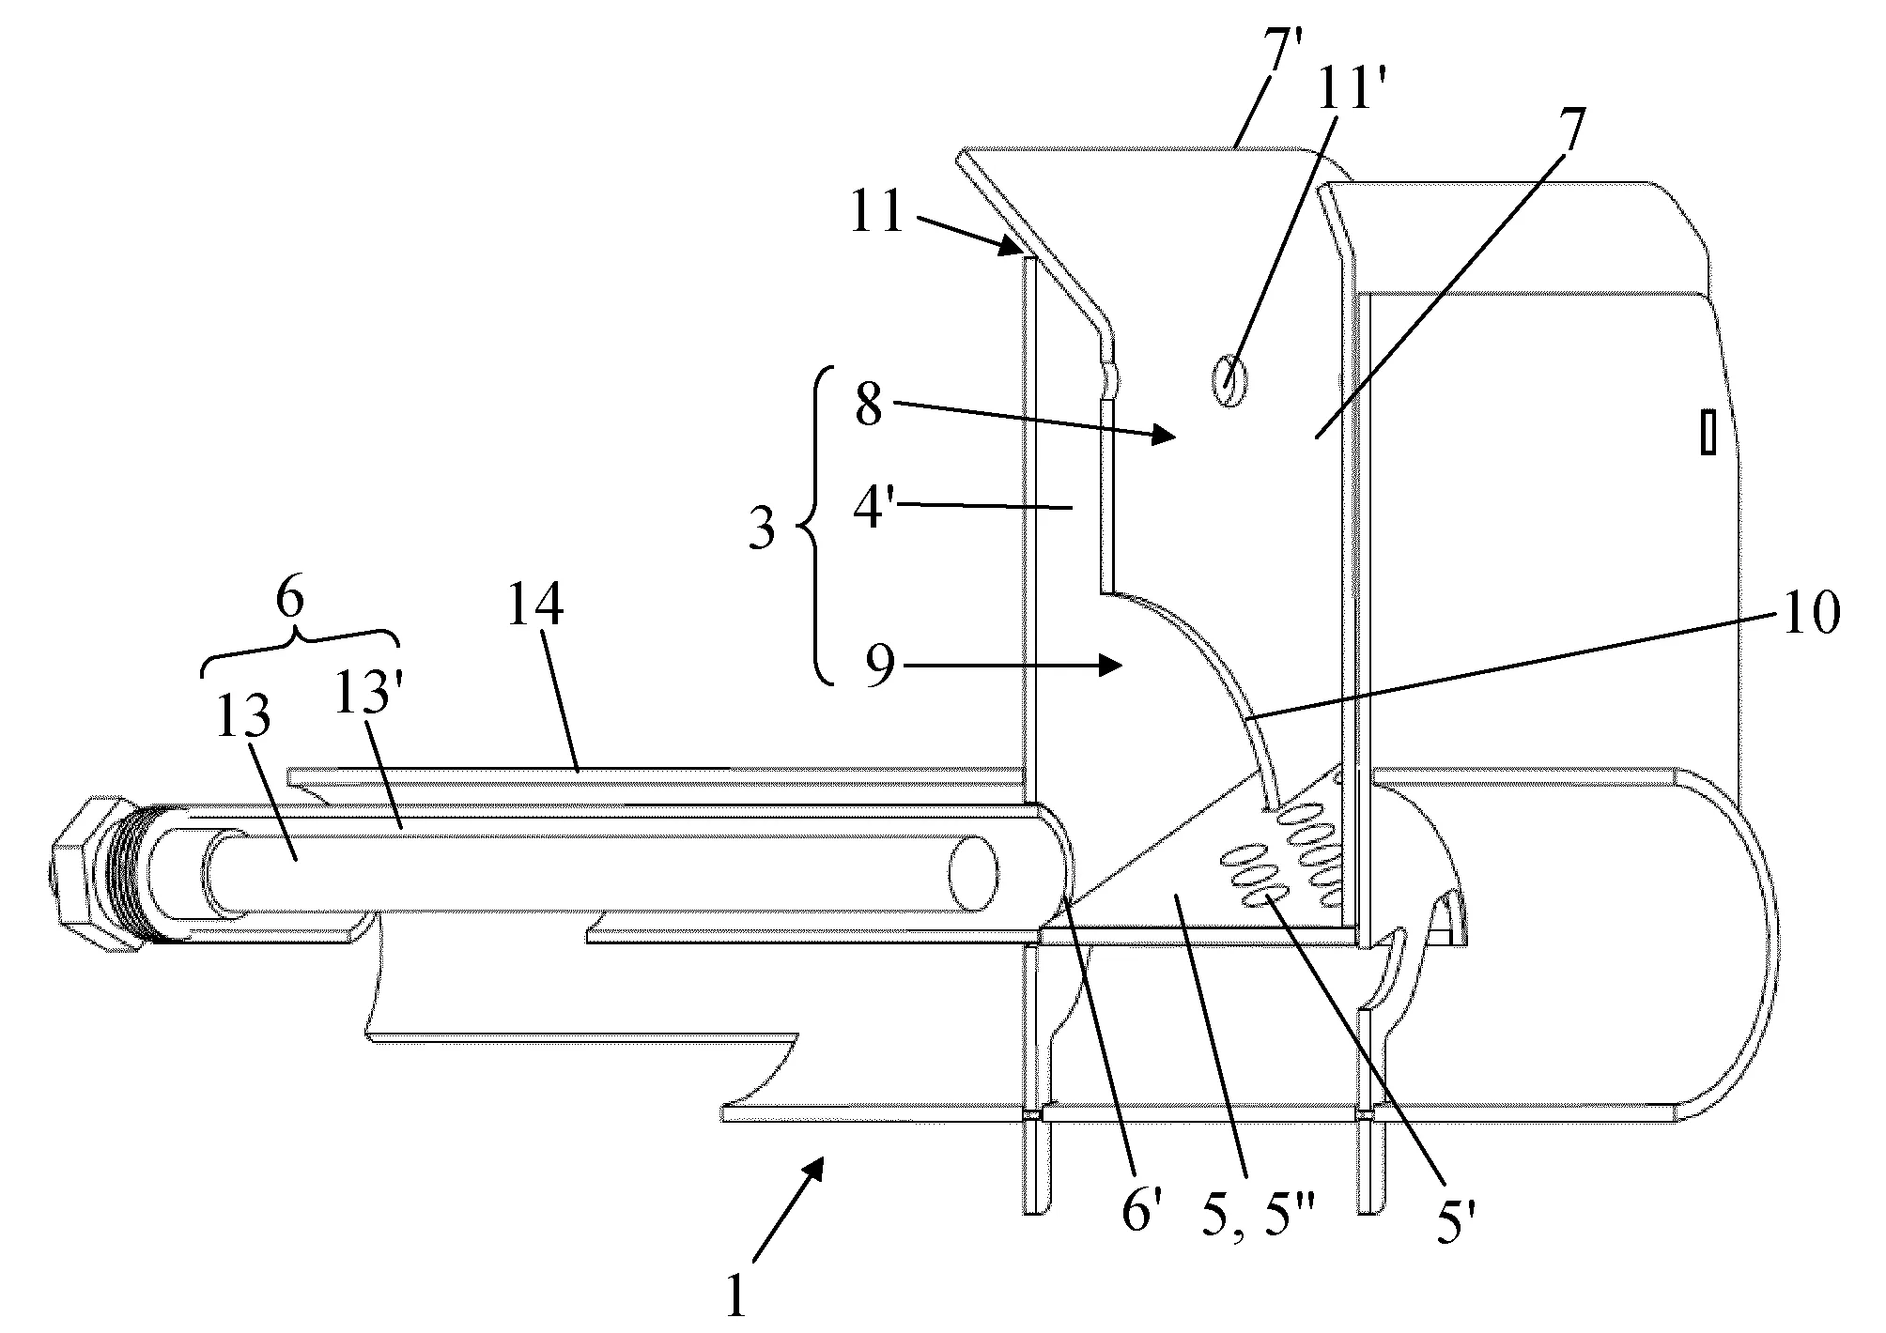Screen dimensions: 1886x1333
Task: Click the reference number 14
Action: pyautogui.click(x=536, y=605)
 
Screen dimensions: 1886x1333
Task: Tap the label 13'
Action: pyautogui.click(x=368, y=715)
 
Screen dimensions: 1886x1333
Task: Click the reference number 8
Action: pyautogui.click(x=868, y=406)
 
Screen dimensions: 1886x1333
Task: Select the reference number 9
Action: pyautogui.click(x=879, y=670)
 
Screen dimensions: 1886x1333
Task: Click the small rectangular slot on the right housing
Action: pyautogui.click(x=1708, y=432)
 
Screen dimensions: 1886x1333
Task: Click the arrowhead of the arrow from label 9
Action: pyautogui.click(x=1112, y=666)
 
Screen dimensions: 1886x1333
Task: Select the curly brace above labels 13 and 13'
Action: pyautogui.click(x=300, y=644)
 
